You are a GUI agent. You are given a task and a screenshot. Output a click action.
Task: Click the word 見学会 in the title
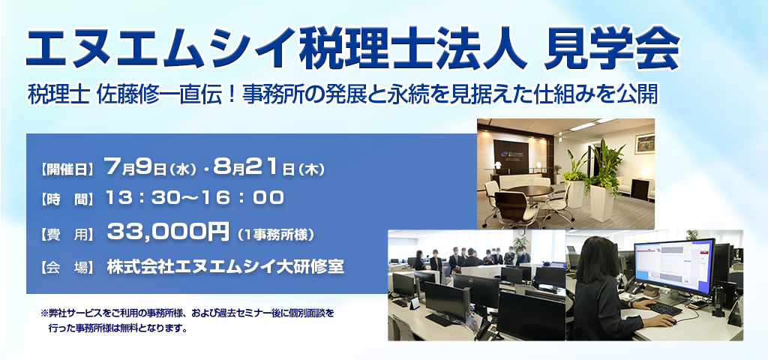point(612,50)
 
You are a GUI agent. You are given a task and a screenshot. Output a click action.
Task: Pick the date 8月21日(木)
point(269,169)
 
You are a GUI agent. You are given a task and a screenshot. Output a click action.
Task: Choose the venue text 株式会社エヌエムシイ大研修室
point(225,267)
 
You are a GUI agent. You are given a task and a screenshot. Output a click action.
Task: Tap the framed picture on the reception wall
point(644,143)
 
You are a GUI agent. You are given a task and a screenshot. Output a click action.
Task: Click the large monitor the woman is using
point(674,267)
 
